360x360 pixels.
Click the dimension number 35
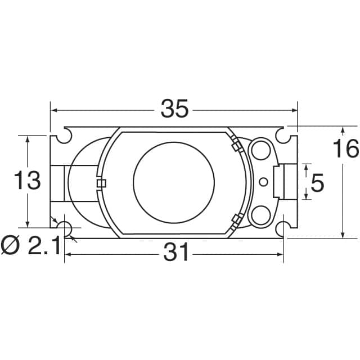(174, 109)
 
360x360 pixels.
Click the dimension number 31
(175, 254)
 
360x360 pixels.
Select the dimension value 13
(27, 181)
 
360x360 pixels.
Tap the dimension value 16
(345, 150)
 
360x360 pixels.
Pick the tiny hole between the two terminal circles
(263, 182)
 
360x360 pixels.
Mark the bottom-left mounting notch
(65, 228)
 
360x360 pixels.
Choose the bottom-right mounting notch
(283, 228)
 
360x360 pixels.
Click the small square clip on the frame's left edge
(101, 183)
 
